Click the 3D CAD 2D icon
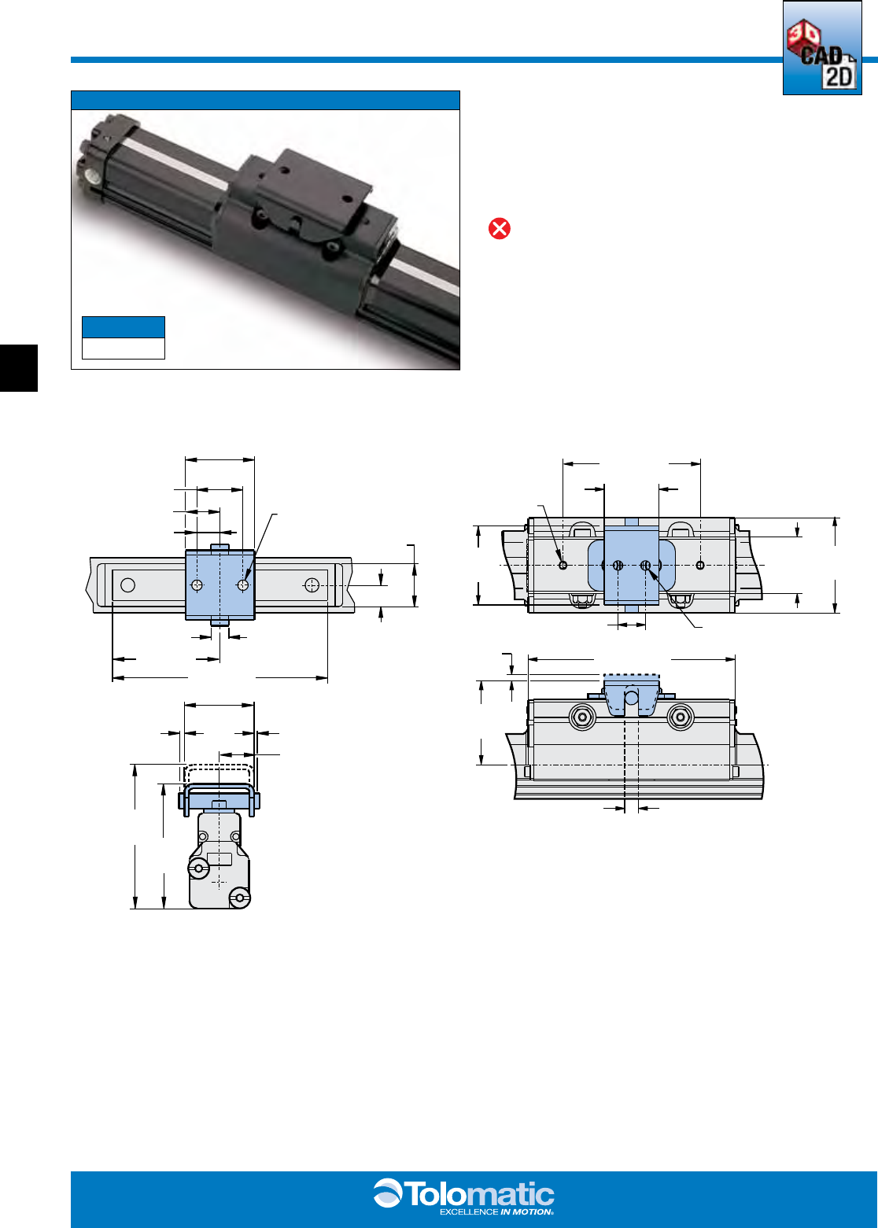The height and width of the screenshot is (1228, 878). [821, 48]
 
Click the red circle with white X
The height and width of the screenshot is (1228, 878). [499, 229]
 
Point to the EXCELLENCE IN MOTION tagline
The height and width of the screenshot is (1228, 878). [496, 1212]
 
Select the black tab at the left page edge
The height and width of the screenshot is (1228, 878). [19, 368]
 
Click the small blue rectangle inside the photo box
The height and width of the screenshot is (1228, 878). [124, 326]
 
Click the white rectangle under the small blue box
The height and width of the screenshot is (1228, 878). [124, 348]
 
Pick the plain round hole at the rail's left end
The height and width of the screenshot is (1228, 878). [127, 585]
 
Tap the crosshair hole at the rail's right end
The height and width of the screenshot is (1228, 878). [312, 585]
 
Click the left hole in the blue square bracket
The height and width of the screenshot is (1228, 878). [197, 585]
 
